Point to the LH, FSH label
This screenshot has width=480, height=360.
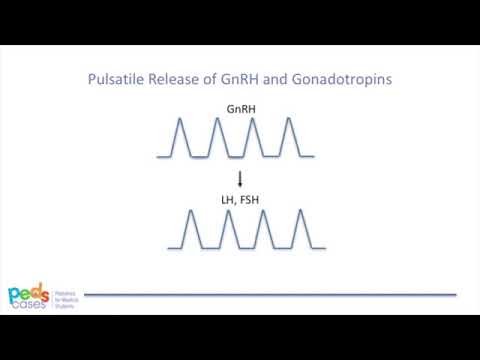click(240, 201)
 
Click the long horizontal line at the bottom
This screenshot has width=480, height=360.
click(270, 295)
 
